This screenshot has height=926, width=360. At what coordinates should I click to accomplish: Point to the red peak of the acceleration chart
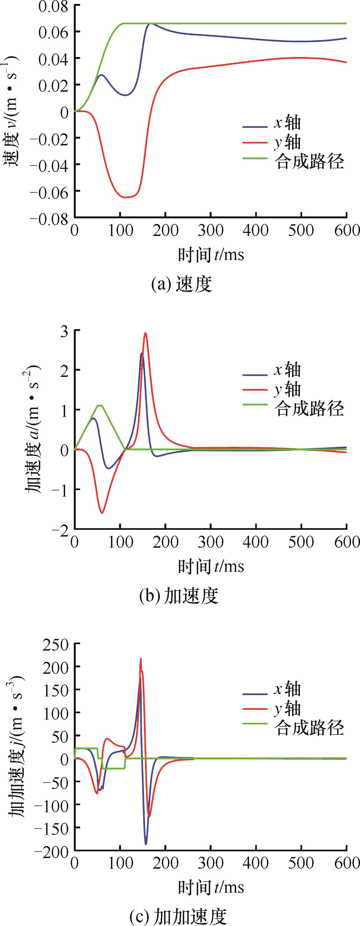coord(146,333)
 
